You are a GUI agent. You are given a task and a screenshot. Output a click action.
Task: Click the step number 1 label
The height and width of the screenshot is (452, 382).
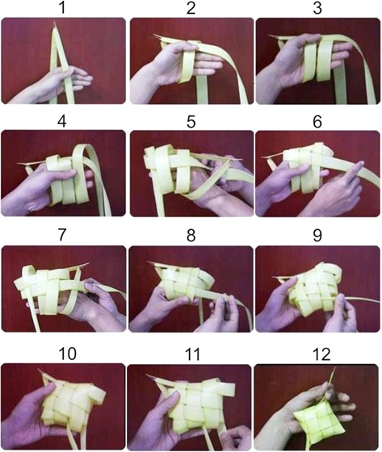[61, 8]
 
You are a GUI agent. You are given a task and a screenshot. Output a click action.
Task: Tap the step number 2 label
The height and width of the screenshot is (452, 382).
[191, 8]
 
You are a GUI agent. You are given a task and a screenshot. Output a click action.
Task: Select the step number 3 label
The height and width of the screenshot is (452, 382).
[317, 8]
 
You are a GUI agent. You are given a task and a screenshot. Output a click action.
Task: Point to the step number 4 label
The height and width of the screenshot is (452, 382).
[61, 121]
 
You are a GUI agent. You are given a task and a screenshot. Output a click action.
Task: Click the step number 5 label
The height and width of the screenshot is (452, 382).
[191, 121]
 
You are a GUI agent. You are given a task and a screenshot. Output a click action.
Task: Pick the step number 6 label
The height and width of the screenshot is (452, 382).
[317, 121]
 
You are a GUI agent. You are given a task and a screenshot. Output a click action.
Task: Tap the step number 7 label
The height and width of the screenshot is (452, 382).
[62, 235]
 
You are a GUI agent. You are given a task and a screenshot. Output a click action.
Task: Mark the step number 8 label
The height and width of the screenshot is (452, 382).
[191, 235]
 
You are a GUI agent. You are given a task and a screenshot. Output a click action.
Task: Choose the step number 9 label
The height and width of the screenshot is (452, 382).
[317, 235]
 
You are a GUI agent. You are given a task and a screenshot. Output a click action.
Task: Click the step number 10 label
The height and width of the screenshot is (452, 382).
[68, 354]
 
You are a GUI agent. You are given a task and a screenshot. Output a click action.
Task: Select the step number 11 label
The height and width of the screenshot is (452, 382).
[193, 354]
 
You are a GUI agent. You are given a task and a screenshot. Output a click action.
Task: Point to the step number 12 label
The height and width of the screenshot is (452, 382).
[321, 354]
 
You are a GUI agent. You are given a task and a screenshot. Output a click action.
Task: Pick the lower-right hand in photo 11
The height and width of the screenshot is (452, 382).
[235, 437]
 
